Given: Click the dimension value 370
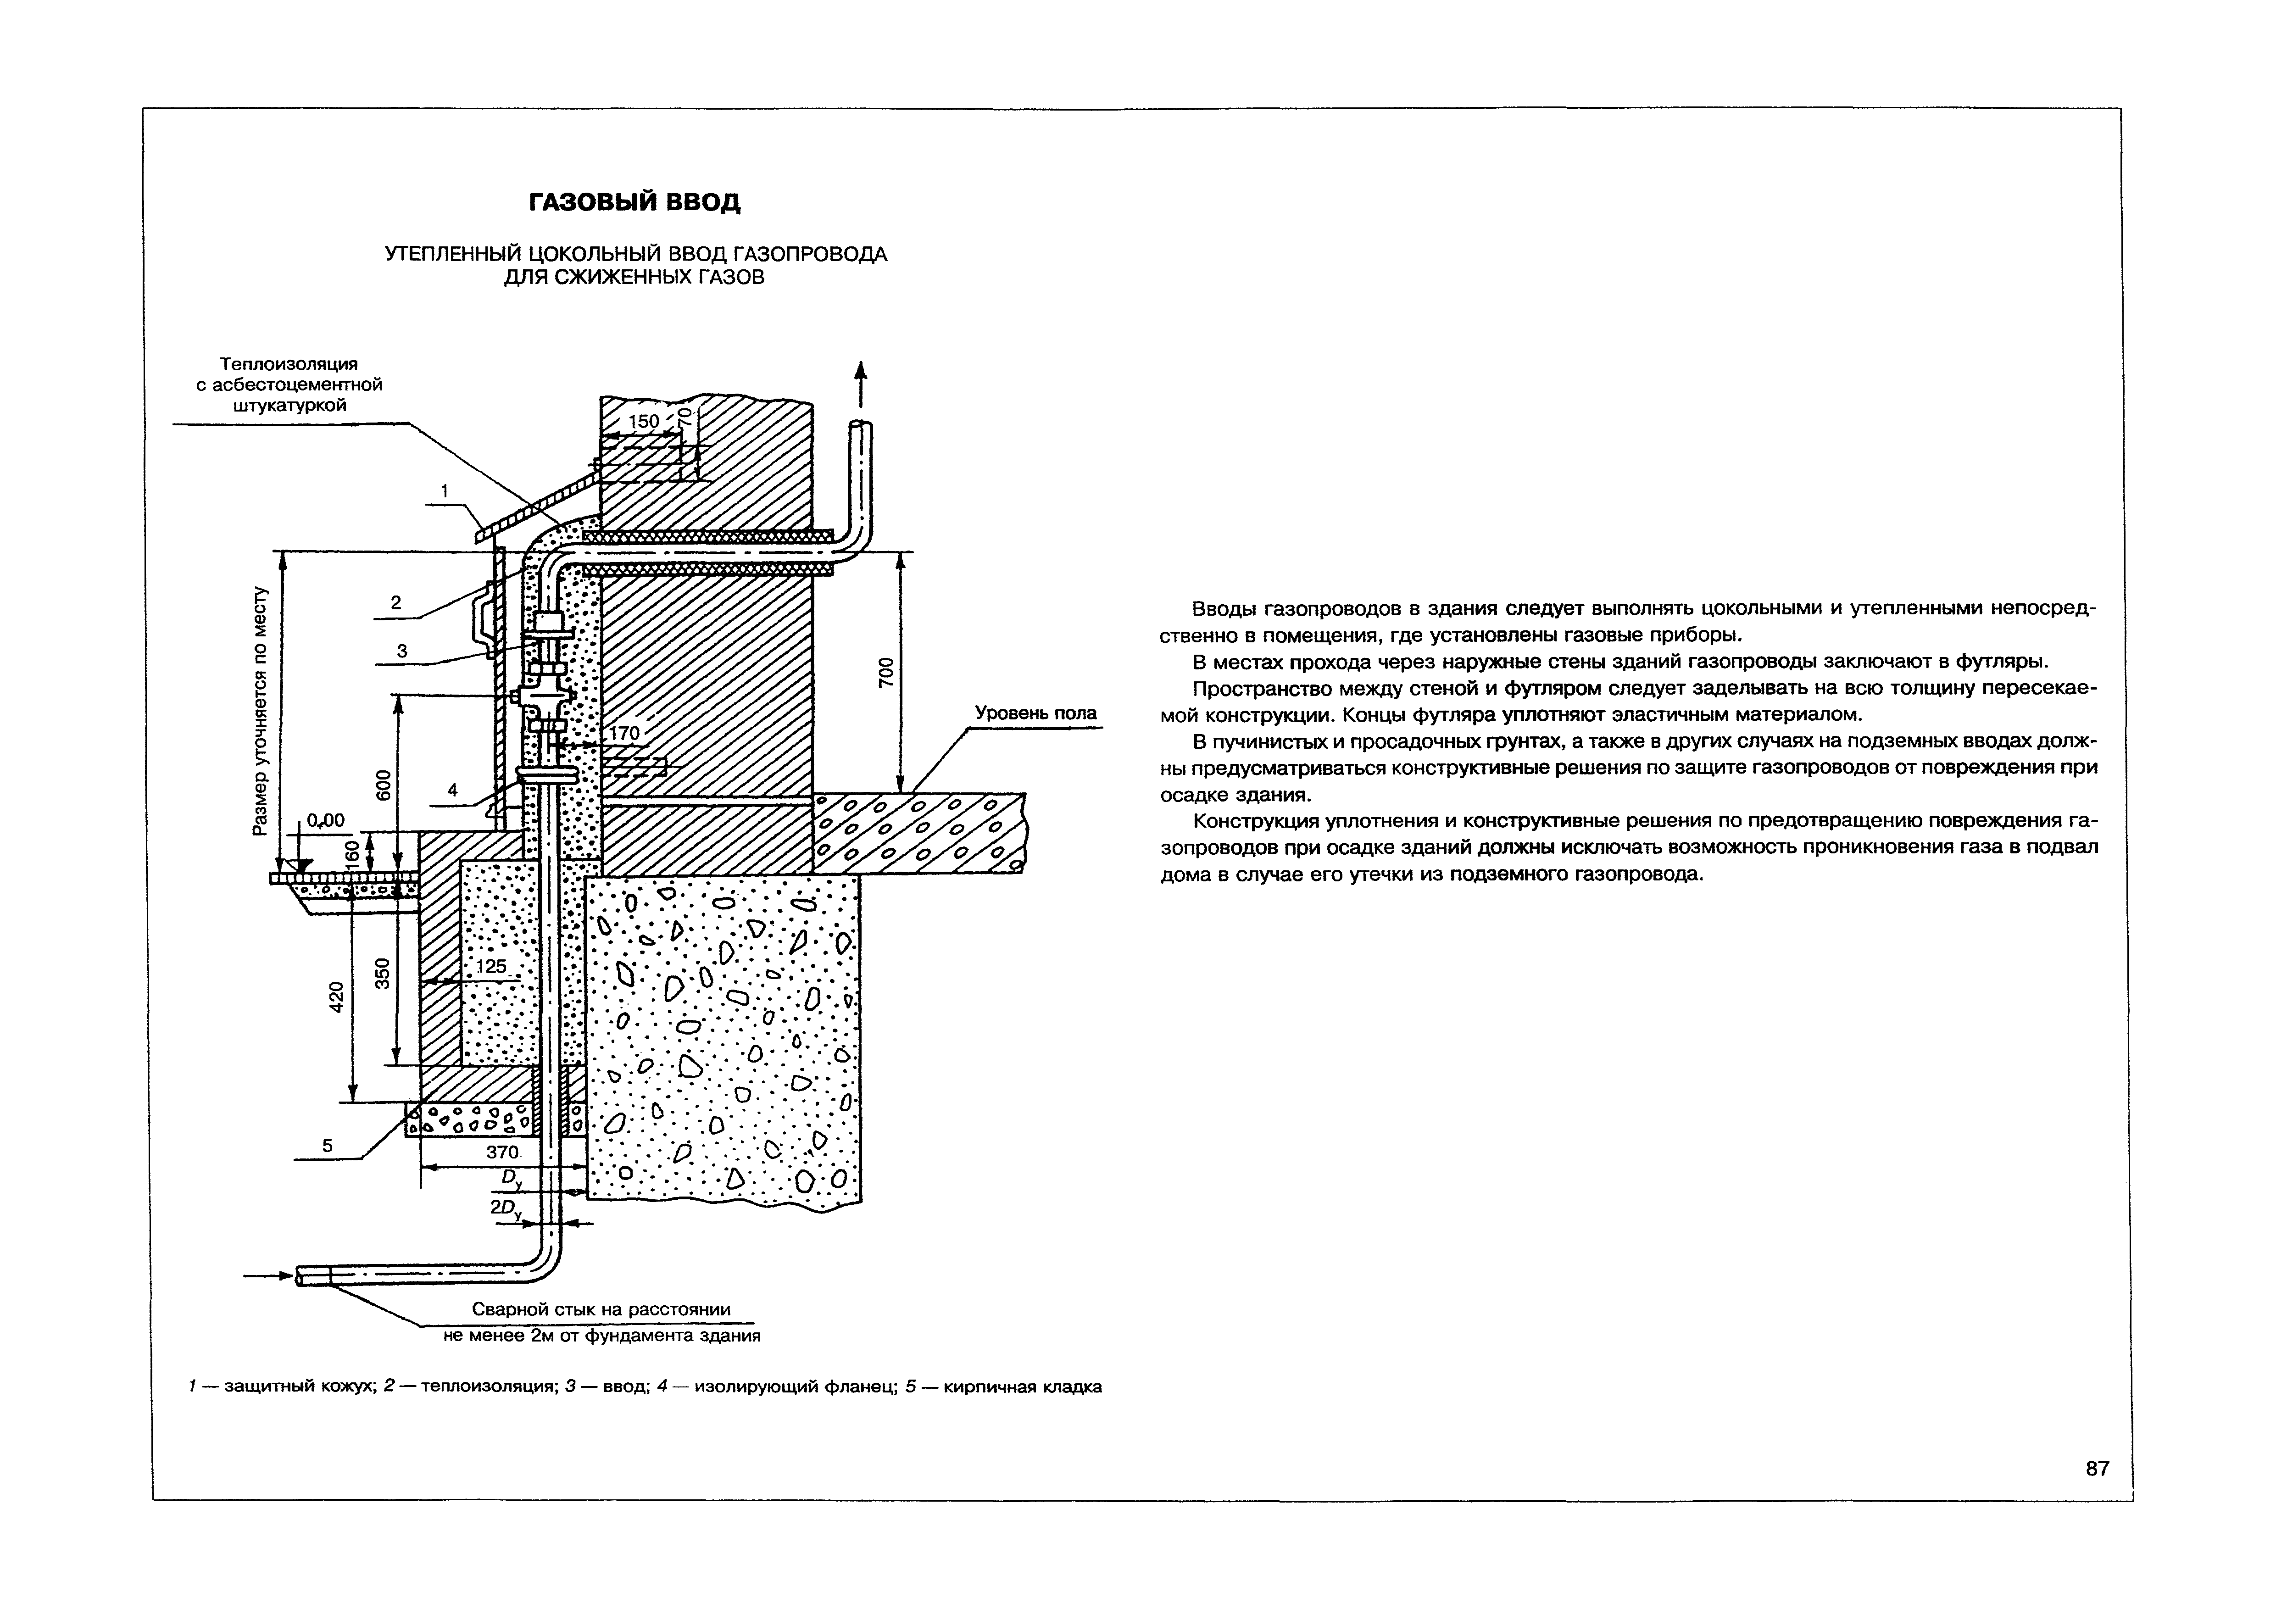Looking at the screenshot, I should click(501, 1152).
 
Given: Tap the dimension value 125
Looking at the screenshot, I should click(491, 966).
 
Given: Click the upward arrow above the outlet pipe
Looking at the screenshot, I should click(861, 383).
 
